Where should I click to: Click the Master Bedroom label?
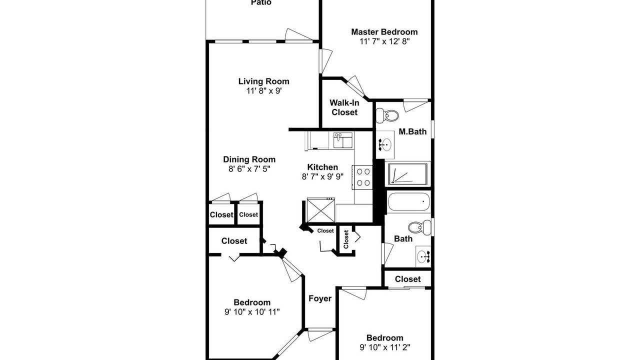[384, 31]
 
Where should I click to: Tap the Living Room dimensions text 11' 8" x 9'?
[264, 91]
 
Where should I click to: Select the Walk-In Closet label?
[344, 107]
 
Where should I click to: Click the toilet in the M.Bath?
[387, 115]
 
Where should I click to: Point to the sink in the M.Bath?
[385, 144]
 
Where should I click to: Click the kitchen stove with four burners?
[362, 177]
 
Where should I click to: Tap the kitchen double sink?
[343, 140]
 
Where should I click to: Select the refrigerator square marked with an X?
[320, 210]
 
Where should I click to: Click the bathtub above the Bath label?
[409, 202]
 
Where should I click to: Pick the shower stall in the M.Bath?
[407, 173]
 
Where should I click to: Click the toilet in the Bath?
[419, 227]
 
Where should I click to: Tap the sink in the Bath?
[423, 256]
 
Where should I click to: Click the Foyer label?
[320, 298]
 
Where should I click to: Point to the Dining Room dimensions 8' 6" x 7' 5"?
[249, 169]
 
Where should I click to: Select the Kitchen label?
[322, 167]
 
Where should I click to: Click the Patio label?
[261, 2]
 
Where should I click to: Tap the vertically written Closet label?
[346, 239]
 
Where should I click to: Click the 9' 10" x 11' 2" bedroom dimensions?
[385, 347]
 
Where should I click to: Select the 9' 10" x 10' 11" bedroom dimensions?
[252, 311]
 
